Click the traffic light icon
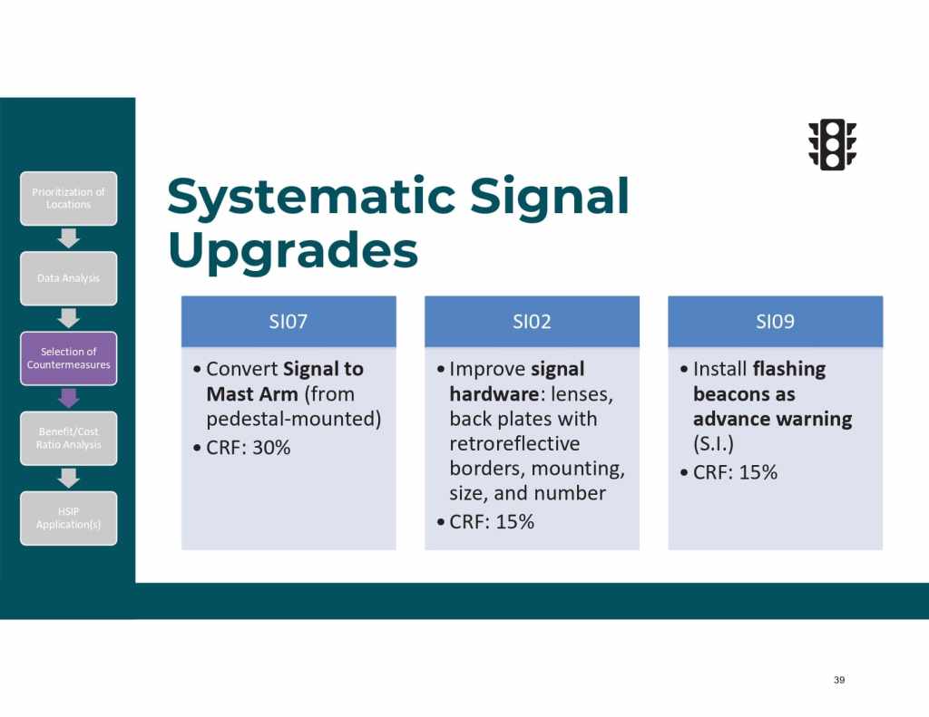click(833, 145)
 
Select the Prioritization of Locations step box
click(69, 199)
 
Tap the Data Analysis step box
click(69, 278)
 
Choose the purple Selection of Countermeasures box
click(69, 358)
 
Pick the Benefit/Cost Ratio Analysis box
click(69, 438)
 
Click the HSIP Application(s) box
click(69, 518)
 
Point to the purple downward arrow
click(69, 398)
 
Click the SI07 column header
click(288, 322)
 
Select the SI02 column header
click(532, 322)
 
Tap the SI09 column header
click(776, 322)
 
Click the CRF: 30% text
click(249, 448)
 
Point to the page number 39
click(839, 680)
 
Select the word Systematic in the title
click(311, 196)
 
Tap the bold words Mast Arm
click(252, 393)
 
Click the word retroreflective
click(515, 443)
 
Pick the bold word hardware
click(494, 393)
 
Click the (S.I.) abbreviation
click(713, 443)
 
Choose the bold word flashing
click(788, 369)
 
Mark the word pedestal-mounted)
click(294, 419)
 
